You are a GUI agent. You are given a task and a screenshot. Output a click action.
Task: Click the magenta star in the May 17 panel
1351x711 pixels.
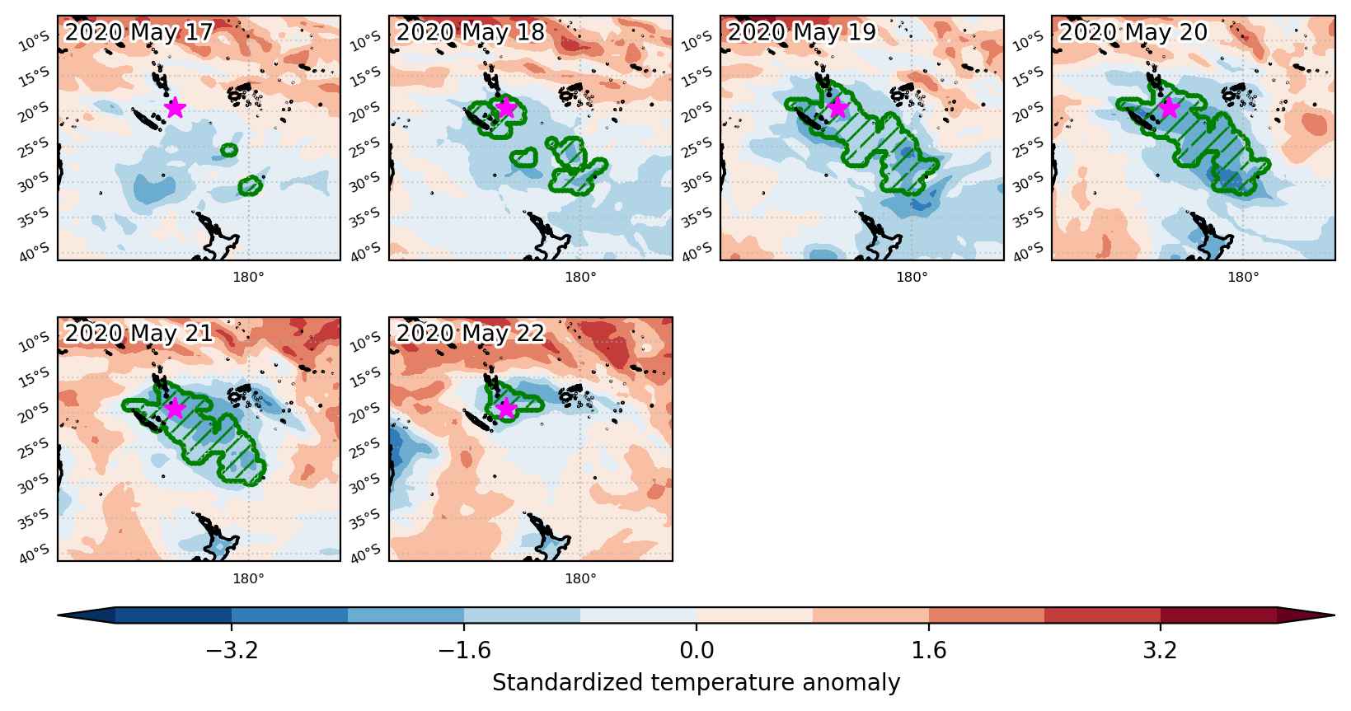coord(175,108)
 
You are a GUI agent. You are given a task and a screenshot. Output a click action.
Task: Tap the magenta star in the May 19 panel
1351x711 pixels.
coord(837,108)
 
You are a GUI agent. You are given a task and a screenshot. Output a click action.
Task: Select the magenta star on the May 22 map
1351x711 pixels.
coord(506,409)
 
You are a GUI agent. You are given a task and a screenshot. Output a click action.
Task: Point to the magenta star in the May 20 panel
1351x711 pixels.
coord(1170,108)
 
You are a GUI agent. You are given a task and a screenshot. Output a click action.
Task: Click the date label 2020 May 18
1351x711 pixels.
coord(471,32)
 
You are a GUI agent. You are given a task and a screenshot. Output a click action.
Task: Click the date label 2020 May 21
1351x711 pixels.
coord(138,333)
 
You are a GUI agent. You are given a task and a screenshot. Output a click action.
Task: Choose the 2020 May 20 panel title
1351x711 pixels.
coord(1133,32)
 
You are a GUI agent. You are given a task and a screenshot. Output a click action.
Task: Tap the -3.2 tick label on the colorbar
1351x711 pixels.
coord(232,650)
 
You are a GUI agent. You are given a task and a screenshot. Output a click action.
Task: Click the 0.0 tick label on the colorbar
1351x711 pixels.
coord(697,650)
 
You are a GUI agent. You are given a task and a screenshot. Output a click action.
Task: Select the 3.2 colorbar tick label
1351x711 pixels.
coord(1161,650)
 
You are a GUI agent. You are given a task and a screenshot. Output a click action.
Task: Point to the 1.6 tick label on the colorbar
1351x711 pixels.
coord(929,650)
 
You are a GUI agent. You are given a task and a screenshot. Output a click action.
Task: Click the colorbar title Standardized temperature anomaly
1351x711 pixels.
coord(696,683)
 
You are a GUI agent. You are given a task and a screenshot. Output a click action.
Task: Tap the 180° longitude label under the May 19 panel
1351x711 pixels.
coord(912,278)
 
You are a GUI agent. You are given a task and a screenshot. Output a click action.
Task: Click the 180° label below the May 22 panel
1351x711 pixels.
coord(580,579)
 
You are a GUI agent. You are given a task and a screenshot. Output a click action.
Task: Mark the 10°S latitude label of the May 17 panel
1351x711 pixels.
coord(35,42)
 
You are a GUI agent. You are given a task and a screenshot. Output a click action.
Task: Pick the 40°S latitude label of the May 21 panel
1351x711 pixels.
coord(35,554)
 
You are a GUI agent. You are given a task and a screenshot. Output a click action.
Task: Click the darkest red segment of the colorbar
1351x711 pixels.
coord(1218,615)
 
